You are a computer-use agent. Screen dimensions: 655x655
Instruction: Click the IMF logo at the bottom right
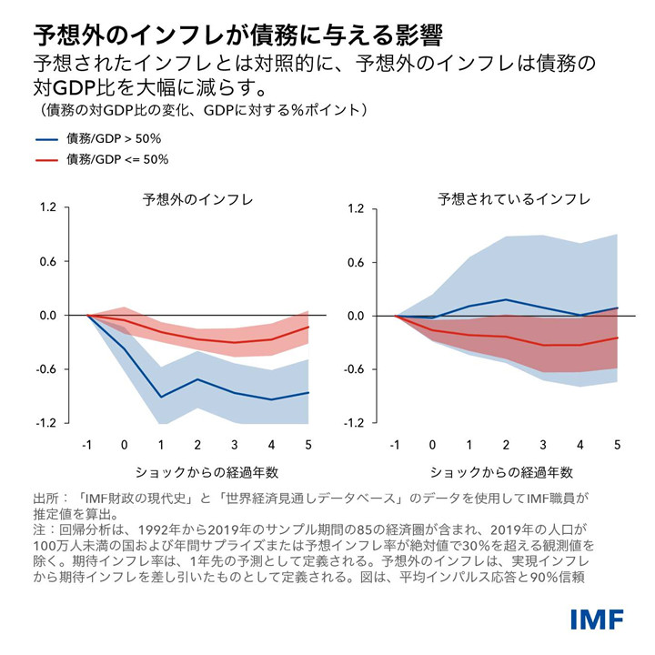(597, 620)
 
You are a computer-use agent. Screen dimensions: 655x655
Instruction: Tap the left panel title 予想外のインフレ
(197, 198)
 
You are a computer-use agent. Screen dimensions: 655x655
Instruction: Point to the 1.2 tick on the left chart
(49, 208)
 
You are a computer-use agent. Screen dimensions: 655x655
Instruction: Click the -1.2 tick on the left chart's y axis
(47, 423)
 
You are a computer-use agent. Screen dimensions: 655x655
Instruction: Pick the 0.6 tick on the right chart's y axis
(358, 262)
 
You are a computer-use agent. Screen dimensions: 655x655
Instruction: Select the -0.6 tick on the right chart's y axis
(356, 369)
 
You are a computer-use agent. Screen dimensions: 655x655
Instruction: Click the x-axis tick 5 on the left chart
(308, 445)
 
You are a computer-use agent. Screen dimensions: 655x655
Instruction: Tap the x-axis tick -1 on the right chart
(396, 445)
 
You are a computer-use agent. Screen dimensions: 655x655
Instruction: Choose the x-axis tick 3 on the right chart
(543, 445)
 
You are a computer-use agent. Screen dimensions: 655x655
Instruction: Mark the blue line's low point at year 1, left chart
(161, 397)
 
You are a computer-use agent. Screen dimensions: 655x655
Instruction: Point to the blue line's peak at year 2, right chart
(507, 299)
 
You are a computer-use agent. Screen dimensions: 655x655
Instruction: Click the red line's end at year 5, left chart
(308, 327)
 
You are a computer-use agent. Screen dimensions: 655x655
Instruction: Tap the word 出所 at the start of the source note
(45, 499)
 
